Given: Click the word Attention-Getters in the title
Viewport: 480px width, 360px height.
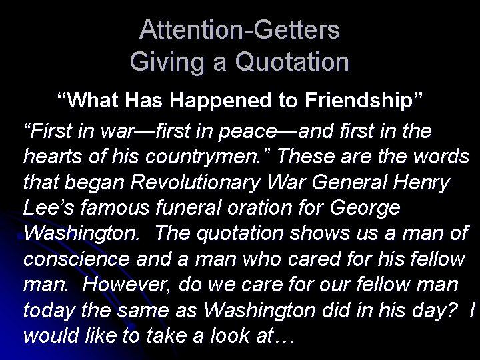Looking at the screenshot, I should click(240, 30).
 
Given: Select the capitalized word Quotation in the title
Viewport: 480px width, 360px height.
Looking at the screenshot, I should click(293, 62).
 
